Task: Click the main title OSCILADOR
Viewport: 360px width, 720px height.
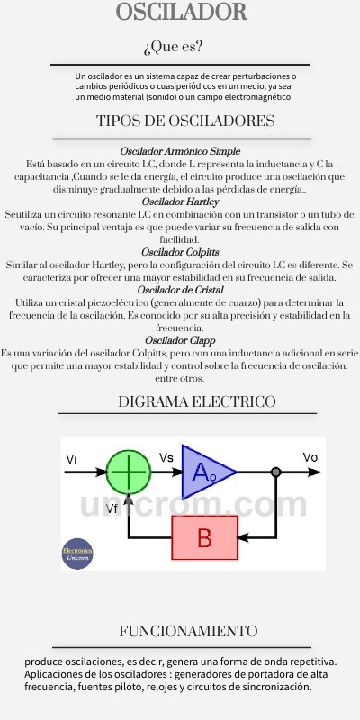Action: [x=182, y=12]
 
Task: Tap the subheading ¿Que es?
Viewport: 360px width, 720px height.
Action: [x=173, y=47]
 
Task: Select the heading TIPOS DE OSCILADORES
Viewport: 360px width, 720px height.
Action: [x=185, y=121]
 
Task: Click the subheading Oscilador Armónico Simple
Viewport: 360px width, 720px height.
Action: [x=180, y=151]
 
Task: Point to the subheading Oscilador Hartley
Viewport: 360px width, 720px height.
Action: [x=180, y=202]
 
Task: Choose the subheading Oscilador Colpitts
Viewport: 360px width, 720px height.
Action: [x=180, y=253]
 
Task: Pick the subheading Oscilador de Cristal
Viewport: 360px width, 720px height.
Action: [x=181, y=290]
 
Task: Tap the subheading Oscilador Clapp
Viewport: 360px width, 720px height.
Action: [x=180, y=341]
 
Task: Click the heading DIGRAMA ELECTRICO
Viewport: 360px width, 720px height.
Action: [x=197, y=401]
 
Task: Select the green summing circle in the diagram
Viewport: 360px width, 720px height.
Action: [x=129, y=472]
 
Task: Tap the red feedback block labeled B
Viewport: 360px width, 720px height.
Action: [x=205, y=537]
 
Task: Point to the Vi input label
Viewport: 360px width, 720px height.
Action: [x=71, y=459]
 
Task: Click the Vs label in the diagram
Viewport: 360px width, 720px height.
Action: [x=166, y=458]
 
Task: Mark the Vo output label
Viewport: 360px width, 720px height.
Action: [x=310, y=457]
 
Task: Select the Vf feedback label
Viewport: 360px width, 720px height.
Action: [x=112, y=508]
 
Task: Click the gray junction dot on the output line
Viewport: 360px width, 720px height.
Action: [x=275, y=472]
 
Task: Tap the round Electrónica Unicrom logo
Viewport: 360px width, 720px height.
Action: [x=77, y=553]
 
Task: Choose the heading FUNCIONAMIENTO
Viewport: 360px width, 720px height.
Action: [x=188, y=631]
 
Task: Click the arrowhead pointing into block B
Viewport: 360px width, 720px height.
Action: [x=243, y=537]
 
